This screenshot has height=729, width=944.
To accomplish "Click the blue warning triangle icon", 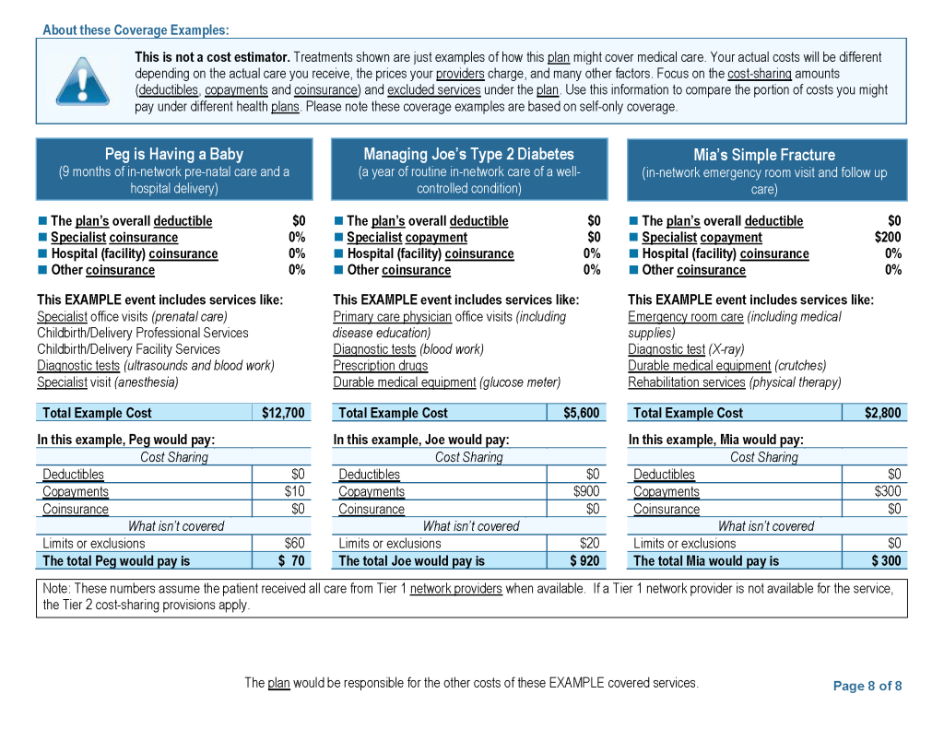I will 83,81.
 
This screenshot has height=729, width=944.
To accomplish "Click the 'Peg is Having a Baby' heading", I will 174,154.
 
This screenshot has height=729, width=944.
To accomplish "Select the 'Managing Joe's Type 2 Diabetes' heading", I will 468,154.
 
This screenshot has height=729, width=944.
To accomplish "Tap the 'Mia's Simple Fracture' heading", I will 764,155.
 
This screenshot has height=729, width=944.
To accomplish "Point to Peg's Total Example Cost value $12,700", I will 283,413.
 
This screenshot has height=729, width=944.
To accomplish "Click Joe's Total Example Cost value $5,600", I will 581,413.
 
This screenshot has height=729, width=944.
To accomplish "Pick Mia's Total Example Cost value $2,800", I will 882,413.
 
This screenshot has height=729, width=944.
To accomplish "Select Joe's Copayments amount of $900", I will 586,491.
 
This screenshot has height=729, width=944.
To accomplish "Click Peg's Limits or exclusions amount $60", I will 294,543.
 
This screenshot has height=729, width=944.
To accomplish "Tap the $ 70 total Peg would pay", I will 291,560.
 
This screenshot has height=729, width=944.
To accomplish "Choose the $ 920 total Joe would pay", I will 584,560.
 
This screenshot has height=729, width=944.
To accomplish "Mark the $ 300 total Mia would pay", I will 886,560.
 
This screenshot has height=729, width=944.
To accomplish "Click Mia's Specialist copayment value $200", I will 888,237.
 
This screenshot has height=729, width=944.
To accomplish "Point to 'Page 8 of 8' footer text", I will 867,686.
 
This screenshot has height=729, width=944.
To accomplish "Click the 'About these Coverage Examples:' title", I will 136,30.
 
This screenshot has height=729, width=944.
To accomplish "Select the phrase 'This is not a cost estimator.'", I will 212,57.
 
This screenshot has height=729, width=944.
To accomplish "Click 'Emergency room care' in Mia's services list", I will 685,316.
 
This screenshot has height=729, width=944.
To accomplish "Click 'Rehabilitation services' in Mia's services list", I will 686,382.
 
